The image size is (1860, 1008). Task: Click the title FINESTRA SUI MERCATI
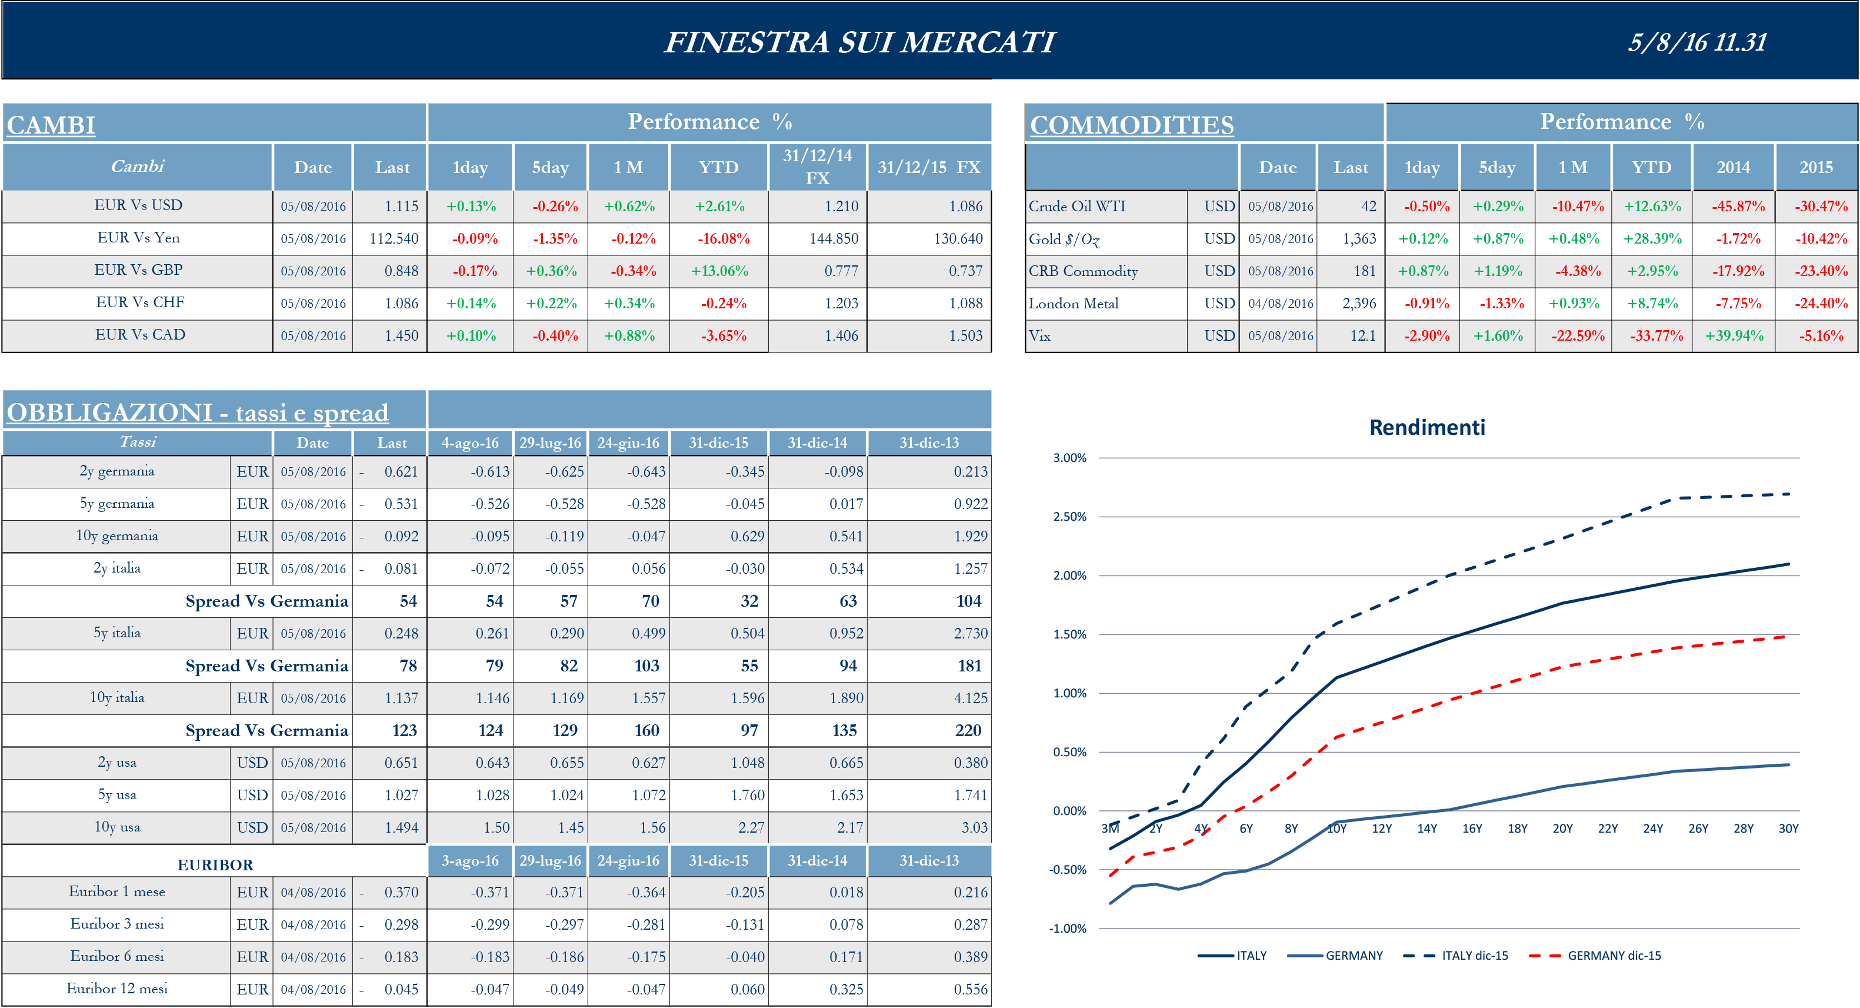click(859, 42)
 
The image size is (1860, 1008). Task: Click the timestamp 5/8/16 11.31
click(1697, 42)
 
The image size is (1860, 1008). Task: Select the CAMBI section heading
click(51, 125)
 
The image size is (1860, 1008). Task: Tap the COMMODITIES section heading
click(1131, 125)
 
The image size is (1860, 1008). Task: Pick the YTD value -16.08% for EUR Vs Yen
click(723, 238)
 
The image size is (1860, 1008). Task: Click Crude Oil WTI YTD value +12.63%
click(1652, 207)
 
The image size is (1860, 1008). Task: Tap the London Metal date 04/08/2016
click(1280, 303)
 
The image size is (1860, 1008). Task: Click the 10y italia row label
click(117, 697)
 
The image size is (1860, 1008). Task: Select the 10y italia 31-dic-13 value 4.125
click(970, 698)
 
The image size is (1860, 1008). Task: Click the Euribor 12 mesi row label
click(117, 989)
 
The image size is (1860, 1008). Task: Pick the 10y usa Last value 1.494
click(401, 827)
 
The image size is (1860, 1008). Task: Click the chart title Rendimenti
click(1427, 427)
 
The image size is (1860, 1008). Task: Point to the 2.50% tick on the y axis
click(1069, 517)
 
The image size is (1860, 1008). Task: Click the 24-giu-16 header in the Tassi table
click(628, 443)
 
